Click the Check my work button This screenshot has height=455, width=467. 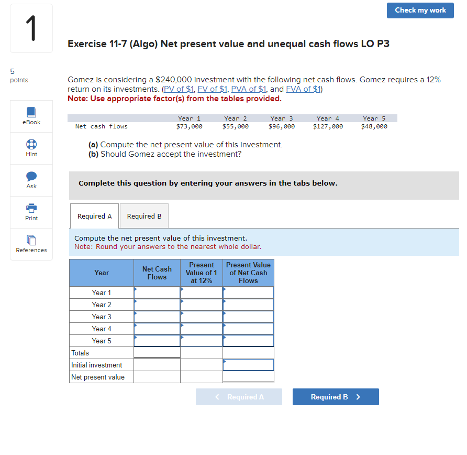[420, 10]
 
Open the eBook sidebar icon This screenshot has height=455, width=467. [31, 116]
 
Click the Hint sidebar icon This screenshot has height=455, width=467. [31, 148]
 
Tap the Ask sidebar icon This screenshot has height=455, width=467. [31, 180]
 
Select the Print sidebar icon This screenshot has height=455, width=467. [31, 212]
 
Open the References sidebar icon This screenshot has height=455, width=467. [31, 244]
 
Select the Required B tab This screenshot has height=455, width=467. [144, 216]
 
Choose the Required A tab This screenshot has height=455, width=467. [94, 216]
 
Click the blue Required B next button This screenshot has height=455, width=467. [336, 397]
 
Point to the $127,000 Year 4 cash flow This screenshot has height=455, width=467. [328, 126]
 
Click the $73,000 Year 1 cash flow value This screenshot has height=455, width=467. [189, 126]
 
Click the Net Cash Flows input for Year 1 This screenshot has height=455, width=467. [157, 292]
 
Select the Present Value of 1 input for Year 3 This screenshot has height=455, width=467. [202, 317]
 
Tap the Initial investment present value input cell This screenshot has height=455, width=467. [248, 365]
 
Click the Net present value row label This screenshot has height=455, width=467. [98, 377]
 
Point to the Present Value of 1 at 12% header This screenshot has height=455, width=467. [202, 273]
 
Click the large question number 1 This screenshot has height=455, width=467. [31, 29]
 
